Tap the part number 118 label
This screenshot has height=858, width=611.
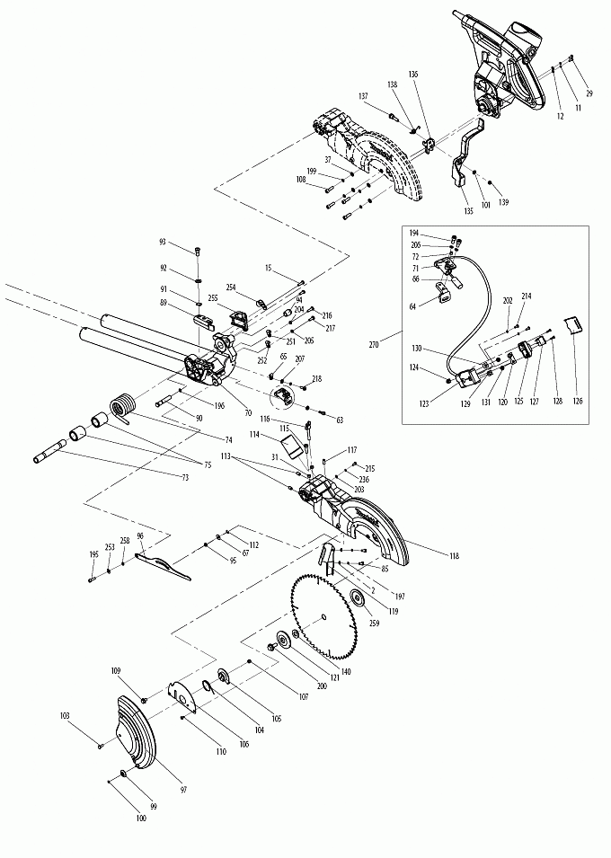454,557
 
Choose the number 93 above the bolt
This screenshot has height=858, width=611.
163,242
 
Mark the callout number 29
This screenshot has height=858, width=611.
589,93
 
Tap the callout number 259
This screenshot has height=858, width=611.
372,623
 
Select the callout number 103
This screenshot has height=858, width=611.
65,715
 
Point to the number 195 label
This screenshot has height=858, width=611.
93,555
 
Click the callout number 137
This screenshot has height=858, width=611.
364,96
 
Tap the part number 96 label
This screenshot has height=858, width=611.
139,536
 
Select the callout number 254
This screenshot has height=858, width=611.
231,287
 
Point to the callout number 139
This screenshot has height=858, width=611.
503,203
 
